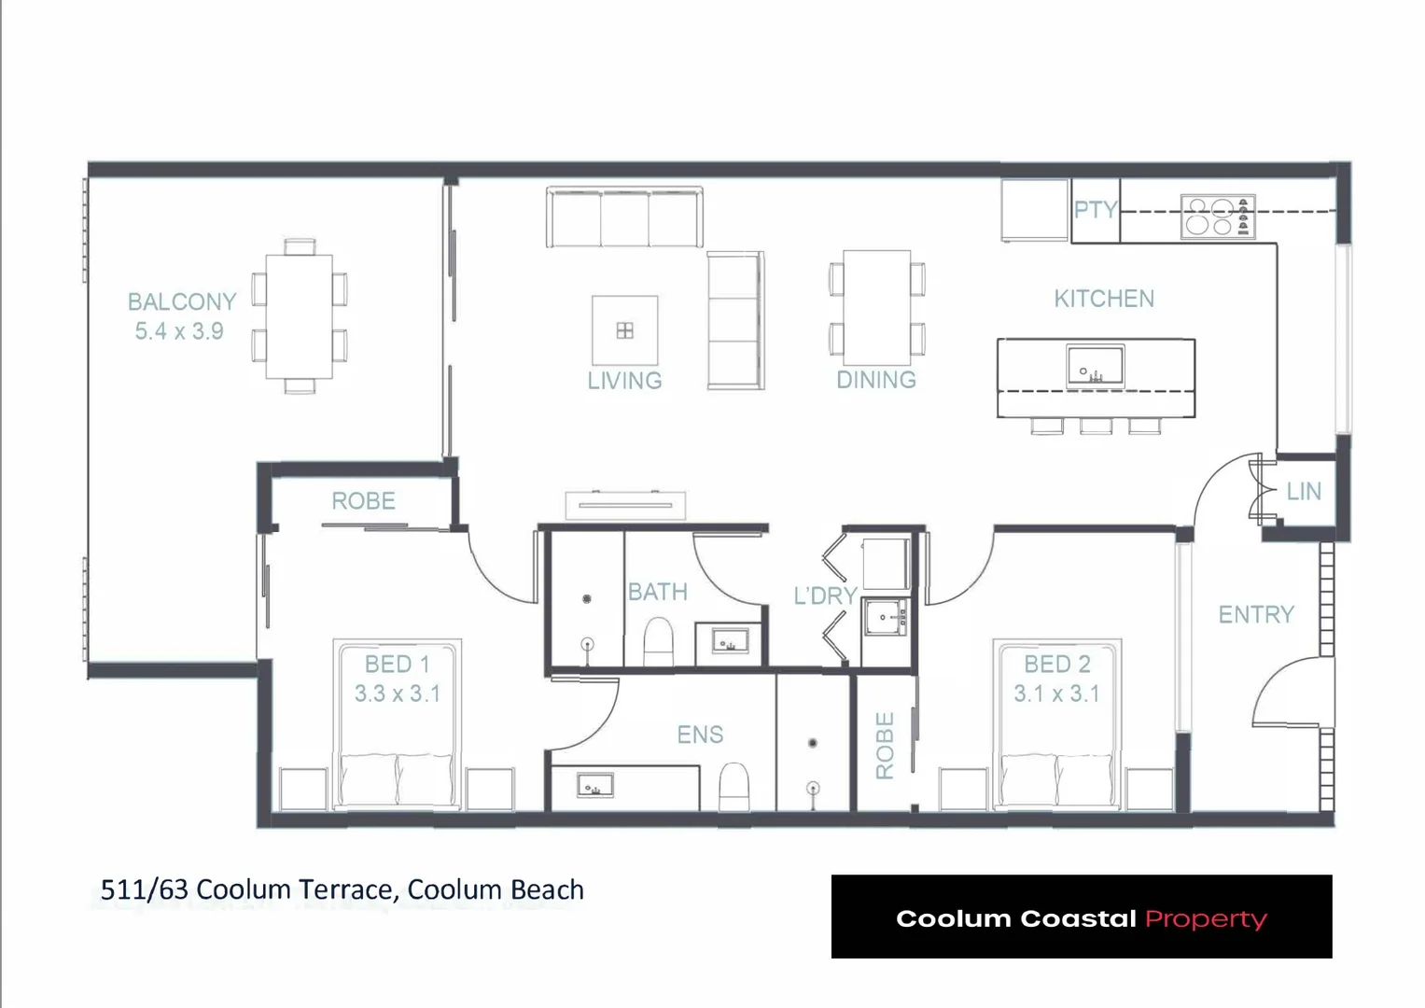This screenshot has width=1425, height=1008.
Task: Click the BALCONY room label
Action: (x=182, y=301)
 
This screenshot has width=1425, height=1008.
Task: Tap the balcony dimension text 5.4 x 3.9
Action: (x=179, y=331)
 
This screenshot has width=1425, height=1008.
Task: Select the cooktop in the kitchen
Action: (x=1217, y=217)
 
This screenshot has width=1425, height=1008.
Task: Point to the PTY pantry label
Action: (x=1095, y=210)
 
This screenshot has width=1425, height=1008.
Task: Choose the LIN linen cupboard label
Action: (x=1303, y=492)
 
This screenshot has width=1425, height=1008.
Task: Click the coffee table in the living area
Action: (x=625, y=330)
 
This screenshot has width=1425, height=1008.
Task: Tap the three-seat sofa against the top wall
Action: (x=624, y=217)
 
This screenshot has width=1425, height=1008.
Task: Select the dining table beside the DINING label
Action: (x=876, y=307)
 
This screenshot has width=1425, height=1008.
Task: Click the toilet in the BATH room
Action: (x=659, y=642)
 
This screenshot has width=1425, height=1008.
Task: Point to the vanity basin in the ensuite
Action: (x=594, y=786)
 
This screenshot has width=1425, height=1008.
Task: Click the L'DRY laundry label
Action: (x=825, y=595)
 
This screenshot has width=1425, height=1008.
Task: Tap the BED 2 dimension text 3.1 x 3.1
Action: (x=1056, y=694)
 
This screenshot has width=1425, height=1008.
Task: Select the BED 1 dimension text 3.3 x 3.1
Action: (x=397, y=694)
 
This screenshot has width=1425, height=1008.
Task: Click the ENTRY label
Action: (x=1256, y=614)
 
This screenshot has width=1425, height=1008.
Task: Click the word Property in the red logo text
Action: (x=1206, y=918)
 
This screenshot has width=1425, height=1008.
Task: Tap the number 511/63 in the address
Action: (x=144, y=889)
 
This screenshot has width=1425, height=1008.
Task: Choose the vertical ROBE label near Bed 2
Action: (x=885, y=745)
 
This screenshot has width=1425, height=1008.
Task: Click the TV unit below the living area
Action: (x=625, y=505)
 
